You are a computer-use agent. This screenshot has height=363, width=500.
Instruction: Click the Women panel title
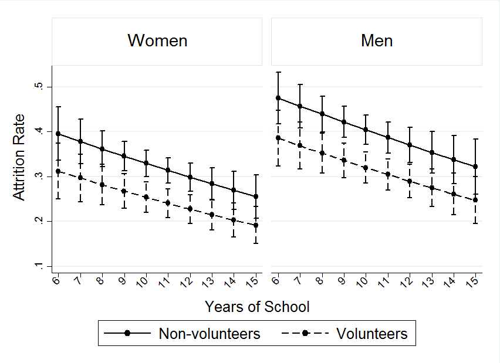[157, 40]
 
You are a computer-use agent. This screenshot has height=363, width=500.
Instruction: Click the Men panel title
[377, 40]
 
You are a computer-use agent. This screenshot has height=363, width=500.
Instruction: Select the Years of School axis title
[257, 306]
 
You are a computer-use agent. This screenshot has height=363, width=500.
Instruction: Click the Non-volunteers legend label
[210, 334]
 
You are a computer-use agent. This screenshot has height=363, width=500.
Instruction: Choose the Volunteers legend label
[372, 334]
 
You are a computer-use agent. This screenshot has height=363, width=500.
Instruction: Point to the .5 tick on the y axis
[38, 87]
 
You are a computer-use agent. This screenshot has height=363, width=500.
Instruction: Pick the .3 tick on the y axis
[38, 177]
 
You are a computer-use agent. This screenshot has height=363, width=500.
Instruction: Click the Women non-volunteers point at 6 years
[58, 134]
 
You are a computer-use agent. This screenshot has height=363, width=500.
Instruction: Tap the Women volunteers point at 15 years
[256, 225]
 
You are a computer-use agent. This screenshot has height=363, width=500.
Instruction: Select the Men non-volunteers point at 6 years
[278, 98]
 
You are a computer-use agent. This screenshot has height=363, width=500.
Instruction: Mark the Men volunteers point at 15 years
[475, 200]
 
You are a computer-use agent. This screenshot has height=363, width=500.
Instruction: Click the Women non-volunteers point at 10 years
[146, 163]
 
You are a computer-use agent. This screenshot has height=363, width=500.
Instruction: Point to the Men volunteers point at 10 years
[366, 168]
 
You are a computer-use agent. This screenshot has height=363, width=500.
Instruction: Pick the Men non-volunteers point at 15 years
[475, 167]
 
